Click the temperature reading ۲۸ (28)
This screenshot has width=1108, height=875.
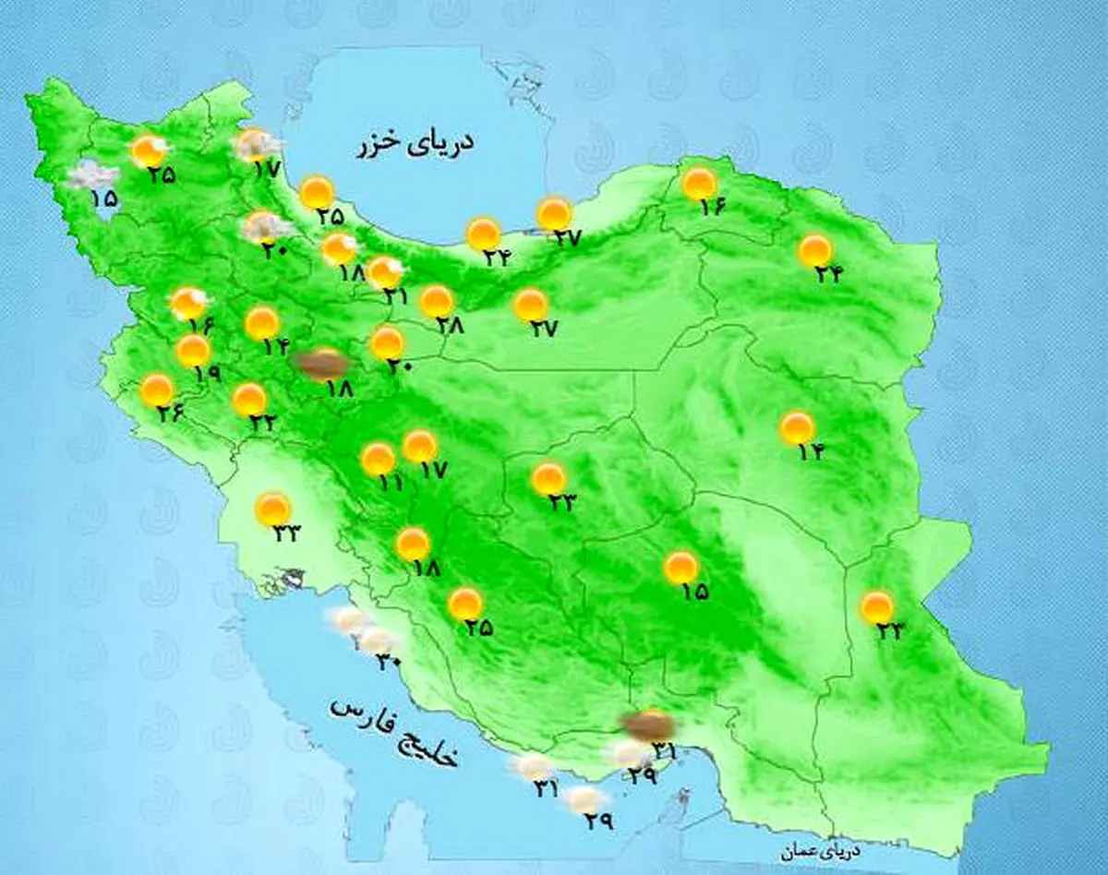450,324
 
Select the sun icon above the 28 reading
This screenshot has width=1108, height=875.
436,301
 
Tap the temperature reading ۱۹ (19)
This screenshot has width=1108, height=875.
208,374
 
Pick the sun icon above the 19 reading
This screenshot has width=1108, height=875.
193,351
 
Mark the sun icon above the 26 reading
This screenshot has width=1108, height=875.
156,390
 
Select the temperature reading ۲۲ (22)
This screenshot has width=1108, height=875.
262,422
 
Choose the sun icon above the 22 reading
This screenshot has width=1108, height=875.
248,400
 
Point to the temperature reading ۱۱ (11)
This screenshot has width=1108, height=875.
391,482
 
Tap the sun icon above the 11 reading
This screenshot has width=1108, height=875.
378,459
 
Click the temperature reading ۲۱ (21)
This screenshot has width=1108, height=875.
396,295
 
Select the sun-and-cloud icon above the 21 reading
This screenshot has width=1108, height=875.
384,271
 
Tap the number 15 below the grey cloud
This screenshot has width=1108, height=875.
104,198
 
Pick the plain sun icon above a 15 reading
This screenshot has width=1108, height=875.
680,568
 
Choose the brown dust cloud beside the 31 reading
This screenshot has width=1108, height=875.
648,725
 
